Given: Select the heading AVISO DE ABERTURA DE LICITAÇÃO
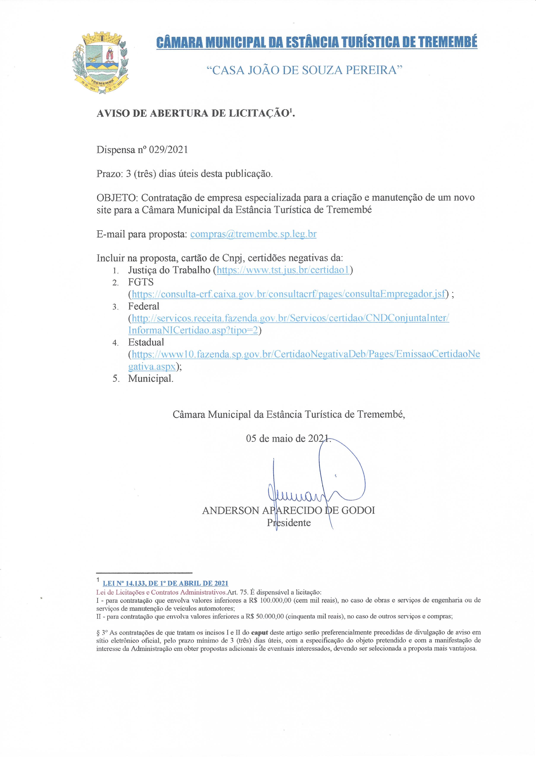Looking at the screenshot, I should [195, 113].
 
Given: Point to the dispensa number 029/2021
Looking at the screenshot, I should [168, 150].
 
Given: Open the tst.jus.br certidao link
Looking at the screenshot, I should [283, 270].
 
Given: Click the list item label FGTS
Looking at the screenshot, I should [141, 282].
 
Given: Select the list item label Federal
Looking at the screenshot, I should [144, 306].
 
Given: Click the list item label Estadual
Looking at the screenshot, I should [146, 342].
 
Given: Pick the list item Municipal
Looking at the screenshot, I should [150, 379].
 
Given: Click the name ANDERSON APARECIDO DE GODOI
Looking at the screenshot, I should [289, 510].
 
